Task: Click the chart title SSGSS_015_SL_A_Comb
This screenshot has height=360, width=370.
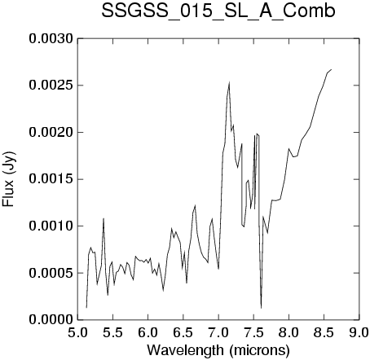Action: (x=218, y=11)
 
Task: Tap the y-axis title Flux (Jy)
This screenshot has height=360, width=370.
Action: (x=8, y=179)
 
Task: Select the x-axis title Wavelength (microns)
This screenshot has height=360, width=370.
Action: (x=218, y=350)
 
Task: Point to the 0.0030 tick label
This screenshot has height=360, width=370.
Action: (x=51, y=39)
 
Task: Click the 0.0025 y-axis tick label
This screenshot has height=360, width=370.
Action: (x=51, y=86)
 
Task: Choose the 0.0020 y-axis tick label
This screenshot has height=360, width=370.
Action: (x=51, y=133)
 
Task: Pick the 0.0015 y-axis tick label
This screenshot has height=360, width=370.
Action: (x=51, y=179)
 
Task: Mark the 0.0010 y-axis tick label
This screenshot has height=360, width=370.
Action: (x=51, y=226)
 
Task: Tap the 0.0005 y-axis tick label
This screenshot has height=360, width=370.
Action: (x=51, y=273)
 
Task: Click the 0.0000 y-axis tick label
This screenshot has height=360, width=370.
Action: (x=51, y=320)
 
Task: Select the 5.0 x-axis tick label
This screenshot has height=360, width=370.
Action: (x=77, y=333)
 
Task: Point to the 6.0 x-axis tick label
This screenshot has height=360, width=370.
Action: (x=148, y=333)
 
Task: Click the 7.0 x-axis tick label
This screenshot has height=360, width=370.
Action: (x=218, y=333)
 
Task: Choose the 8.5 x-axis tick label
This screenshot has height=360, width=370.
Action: (x=324, y=333)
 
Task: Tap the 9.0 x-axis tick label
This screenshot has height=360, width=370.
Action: (x=359, y=333)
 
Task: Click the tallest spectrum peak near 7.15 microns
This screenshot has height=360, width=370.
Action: (x=229, y=82)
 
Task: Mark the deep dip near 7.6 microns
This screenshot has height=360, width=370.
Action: (x=262, y=308)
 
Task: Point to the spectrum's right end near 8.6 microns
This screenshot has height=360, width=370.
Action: (x=331, y=69)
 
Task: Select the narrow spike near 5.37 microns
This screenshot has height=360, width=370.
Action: (x=104, y=218)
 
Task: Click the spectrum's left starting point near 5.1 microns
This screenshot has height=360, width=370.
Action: (x=86, y=307)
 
